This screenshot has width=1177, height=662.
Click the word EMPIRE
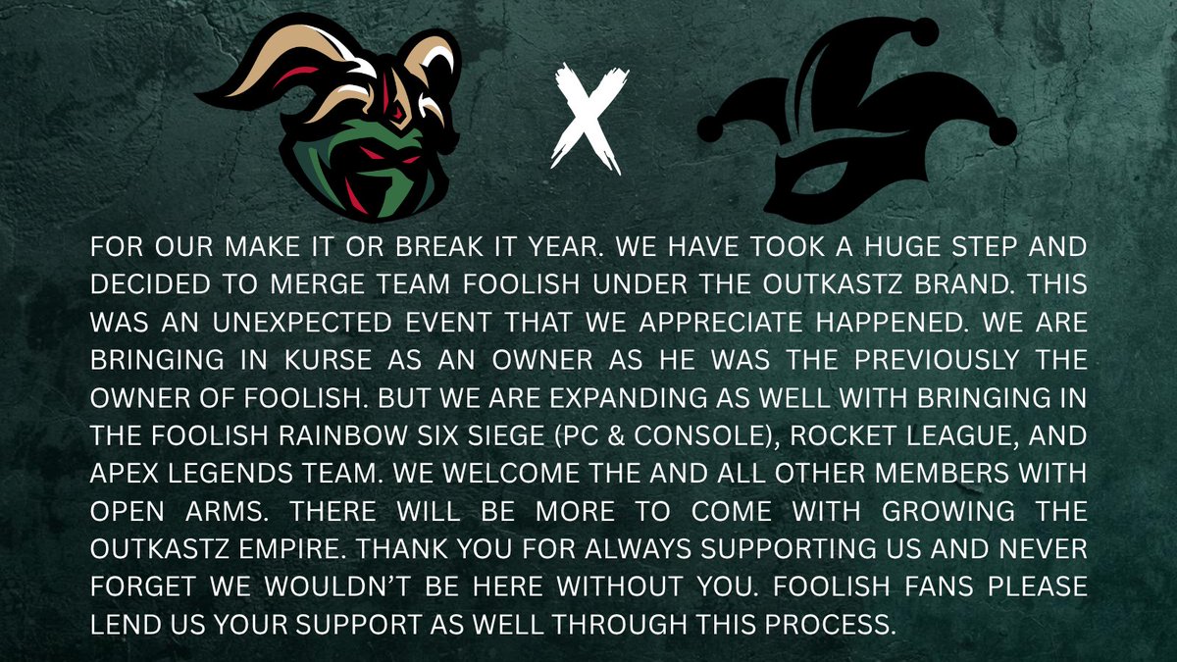(349, 549)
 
